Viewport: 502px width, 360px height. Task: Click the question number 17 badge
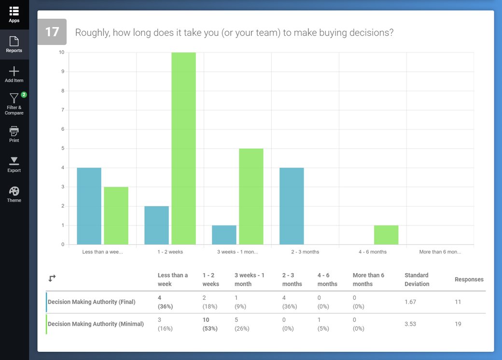coord(52,32)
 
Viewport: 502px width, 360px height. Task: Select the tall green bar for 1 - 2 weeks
coord(183,149)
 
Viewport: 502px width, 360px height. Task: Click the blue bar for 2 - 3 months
coord(292,206)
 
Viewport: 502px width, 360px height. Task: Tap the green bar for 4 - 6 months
coord(386,235)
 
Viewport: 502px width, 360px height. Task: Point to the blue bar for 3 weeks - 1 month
coord(224,235)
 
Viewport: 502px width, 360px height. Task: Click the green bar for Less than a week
coord(116,216)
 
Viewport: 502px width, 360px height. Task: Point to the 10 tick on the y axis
coord(61,52)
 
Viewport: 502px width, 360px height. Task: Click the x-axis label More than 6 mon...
coord(440,252)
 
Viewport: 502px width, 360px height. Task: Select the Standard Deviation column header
coord(417,279)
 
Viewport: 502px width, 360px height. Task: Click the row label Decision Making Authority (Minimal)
coord(96,324)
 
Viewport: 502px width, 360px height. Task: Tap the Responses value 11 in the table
coord(458,302)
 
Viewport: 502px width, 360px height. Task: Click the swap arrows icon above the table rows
coord(52,278)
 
